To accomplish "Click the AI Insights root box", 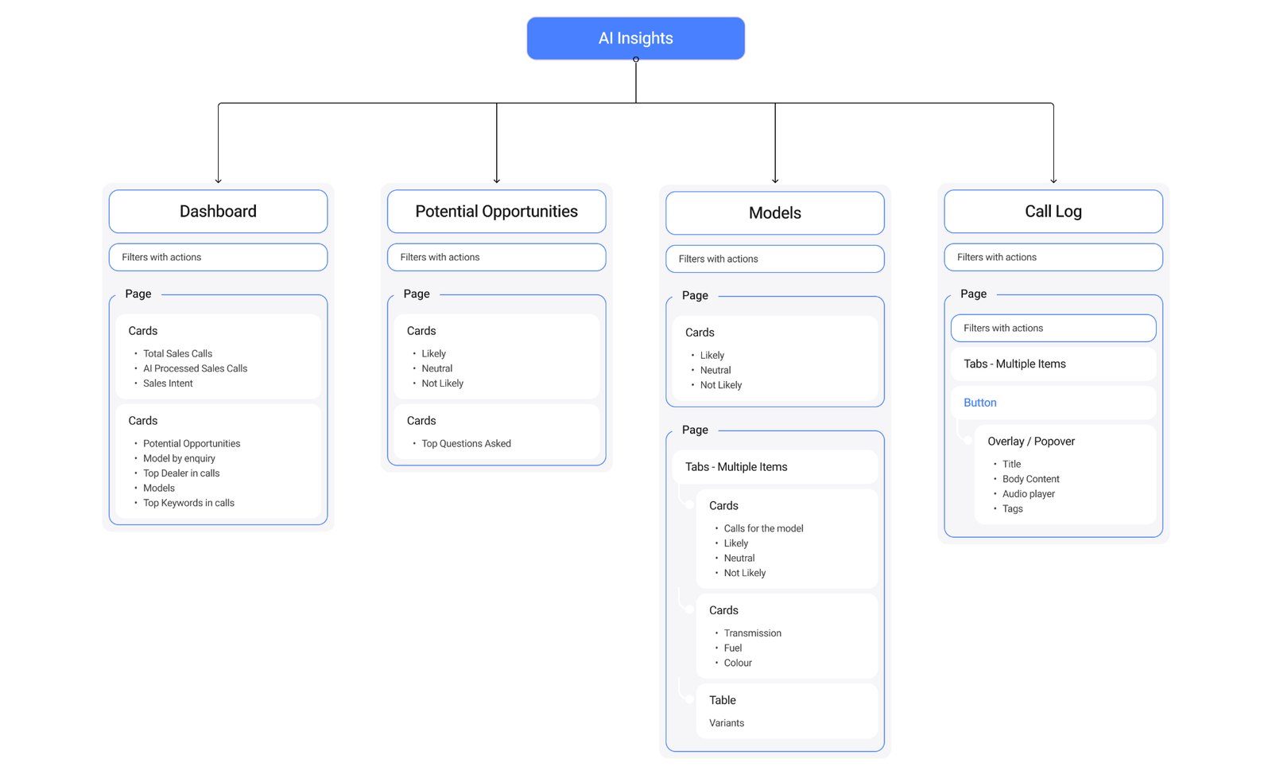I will click(635, 38).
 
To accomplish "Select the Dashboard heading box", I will click(218, 212).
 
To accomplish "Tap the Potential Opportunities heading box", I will click(496, 212).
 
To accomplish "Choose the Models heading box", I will click(774, 213).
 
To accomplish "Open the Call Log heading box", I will click(1053, 212).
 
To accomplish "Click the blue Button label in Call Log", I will click(979, 403).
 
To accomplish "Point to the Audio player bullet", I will click(1028, 494).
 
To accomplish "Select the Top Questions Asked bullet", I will click(466, 444).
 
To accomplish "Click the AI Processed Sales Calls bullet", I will click(195, 368).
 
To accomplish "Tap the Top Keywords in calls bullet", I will click(188, 503).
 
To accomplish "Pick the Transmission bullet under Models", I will click(752, 633).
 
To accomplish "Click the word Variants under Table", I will click(726, 723).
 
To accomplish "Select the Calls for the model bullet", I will click(763, 528).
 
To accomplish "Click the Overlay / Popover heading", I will click(1030, 442).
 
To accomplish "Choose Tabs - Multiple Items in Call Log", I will click(1014, 364).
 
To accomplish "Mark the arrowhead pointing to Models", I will click(775, 181).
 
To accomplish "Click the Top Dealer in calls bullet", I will click(181, 473).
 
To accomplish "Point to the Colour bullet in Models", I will click(737, 663).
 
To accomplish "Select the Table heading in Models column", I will click(722, 700).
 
